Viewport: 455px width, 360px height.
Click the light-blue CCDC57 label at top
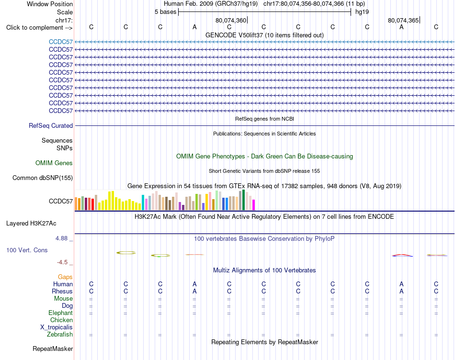(61, 42)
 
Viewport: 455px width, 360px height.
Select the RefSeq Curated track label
(51, 125)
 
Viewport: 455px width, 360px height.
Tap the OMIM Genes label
(54, 163)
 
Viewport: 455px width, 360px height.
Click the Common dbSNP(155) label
(43, 178)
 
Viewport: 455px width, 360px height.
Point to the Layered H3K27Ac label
(31, 224)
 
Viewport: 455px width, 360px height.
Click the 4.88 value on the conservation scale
(61, 238)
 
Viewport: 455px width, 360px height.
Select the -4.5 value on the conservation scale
(62, 262)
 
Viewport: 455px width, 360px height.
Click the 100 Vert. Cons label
(27, 250)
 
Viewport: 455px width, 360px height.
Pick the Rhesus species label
(62, 291)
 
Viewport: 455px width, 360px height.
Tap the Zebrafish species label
(60, 335)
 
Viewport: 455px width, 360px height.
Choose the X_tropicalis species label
(57, 327)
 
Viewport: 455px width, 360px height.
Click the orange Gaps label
(65, 277)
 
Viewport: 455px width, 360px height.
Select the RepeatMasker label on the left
(53, 349)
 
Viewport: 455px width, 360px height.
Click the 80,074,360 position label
(231, 20)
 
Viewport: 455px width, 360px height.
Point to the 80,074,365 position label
(403, 20)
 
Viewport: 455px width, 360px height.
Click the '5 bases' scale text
(165, 12)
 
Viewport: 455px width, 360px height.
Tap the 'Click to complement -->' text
(39, 28)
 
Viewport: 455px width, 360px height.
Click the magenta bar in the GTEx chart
(254, 205)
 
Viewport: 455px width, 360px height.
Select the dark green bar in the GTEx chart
(244, 200)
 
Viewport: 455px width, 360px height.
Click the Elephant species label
(61, 313)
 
